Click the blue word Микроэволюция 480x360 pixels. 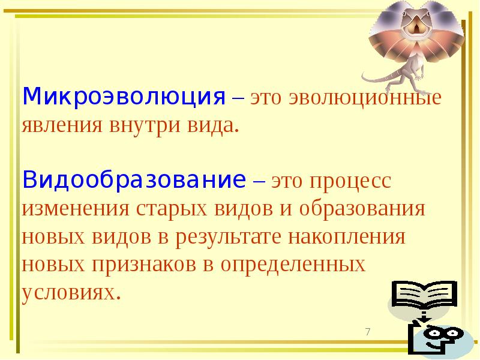tap(124, 97)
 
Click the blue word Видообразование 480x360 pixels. tap(134, 179)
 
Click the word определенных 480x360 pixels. tap(293, 265)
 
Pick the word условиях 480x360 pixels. tap(67, 292)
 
